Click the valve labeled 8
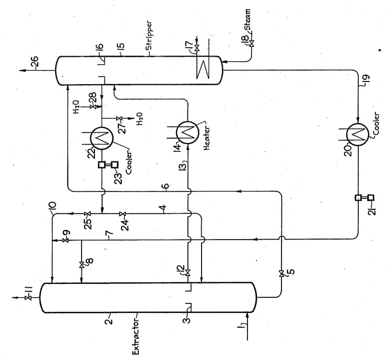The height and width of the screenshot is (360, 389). point(81,264)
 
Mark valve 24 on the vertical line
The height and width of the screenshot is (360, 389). point(123,214)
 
